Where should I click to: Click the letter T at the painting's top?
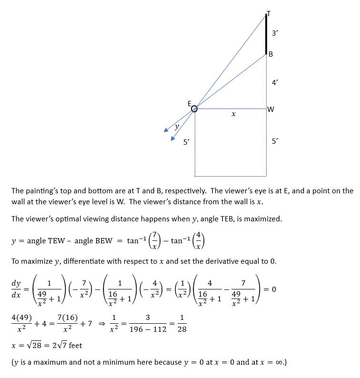click(269, 13)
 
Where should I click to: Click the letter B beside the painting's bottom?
click(270, 54)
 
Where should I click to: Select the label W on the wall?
click(271, 109)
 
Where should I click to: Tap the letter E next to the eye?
click(189, 103)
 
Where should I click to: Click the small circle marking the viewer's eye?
click(194, 109)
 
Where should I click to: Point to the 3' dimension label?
click(275, 33)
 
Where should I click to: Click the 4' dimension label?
click(275, 82)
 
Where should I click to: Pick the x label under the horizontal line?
click(233, 115)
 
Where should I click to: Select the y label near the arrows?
click(177, 127)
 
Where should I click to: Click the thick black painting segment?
click(266, 34)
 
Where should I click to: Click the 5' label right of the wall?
click(275, 141)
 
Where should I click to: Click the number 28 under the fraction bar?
click(182, 329)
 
